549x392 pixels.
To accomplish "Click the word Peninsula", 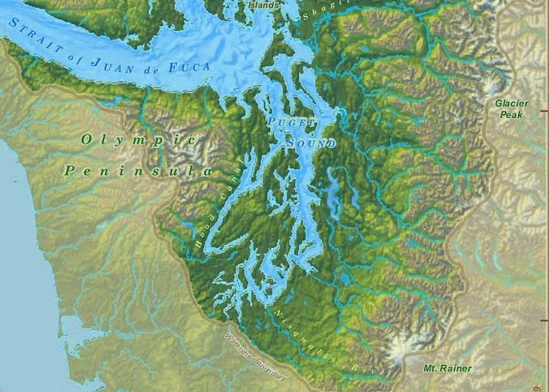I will pyautogui.click(x=138, y=171).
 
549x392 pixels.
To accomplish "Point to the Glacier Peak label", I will pyautogui.click(x=511, y=109).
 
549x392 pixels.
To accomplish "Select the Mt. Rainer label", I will pyautogui.click(x=448, y=368).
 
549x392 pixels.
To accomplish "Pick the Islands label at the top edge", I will pyautogui.click(x=264, y=5).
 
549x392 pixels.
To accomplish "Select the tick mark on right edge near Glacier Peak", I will pyautogui.click(x=544, y=111).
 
